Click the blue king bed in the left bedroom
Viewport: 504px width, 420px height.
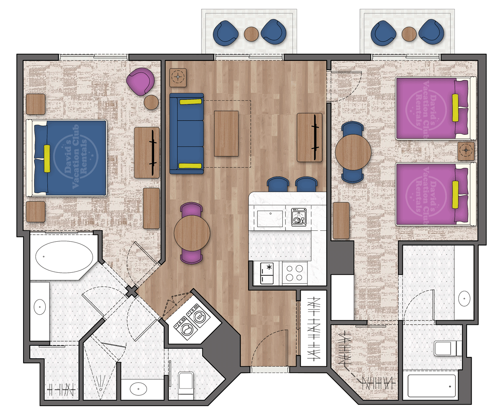67,158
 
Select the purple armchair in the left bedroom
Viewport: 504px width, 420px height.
141,81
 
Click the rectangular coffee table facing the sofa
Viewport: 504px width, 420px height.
226,133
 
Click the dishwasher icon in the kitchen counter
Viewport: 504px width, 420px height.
299,217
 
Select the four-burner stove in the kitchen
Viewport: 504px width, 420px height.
294,272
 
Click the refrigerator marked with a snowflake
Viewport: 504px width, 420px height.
267,273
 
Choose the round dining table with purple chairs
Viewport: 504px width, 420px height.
192,233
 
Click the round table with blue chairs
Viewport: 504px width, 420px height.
353,152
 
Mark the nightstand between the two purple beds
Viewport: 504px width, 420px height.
466,151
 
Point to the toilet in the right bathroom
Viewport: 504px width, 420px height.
447,348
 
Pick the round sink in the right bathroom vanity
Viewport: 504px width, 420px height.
465,298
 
